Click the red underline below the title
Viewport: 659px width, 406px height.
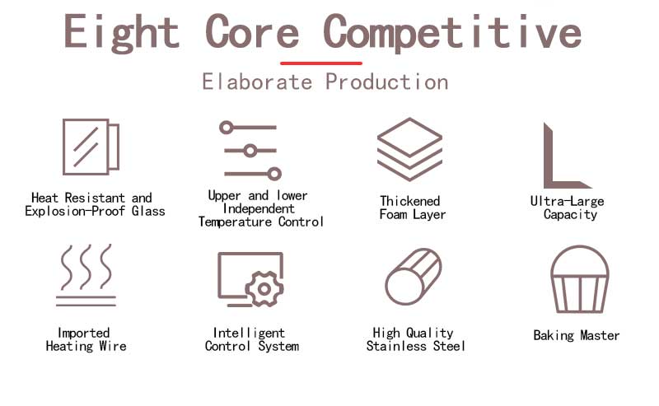point(321,63)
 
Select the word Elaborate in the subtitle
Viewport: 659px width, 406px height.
point(257,82)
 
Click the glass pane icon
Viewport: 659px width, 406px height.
point(91,147)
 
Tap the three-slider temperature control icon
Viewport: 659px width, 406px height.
point(250,151)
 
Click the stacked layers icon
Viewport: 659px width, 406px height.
point(409,149)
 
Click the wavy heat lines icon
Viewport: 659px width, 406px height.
point(86,275)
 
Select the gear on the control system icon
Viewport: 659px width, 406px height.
point(264,289)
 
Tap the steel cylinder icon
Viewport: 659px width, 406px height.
point(414,277)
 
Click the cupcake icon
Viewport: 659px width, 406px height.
point(580,279)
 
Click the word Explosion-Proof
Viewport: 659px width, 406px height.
point(75,211)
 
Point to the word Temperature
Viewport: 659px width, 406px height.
point(235,222)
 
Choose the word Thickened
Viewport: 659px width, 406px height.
point(409,201)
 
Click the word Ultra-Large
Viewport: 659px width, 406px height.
point(567,201)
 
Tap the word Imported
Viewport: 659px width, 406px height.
point(84,333)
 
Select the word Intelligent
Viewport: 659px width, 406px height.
point(249,333)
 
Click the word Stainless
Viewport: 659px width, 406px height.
point(396,346)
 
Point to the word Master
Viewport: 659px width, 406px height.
point(600,335)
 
